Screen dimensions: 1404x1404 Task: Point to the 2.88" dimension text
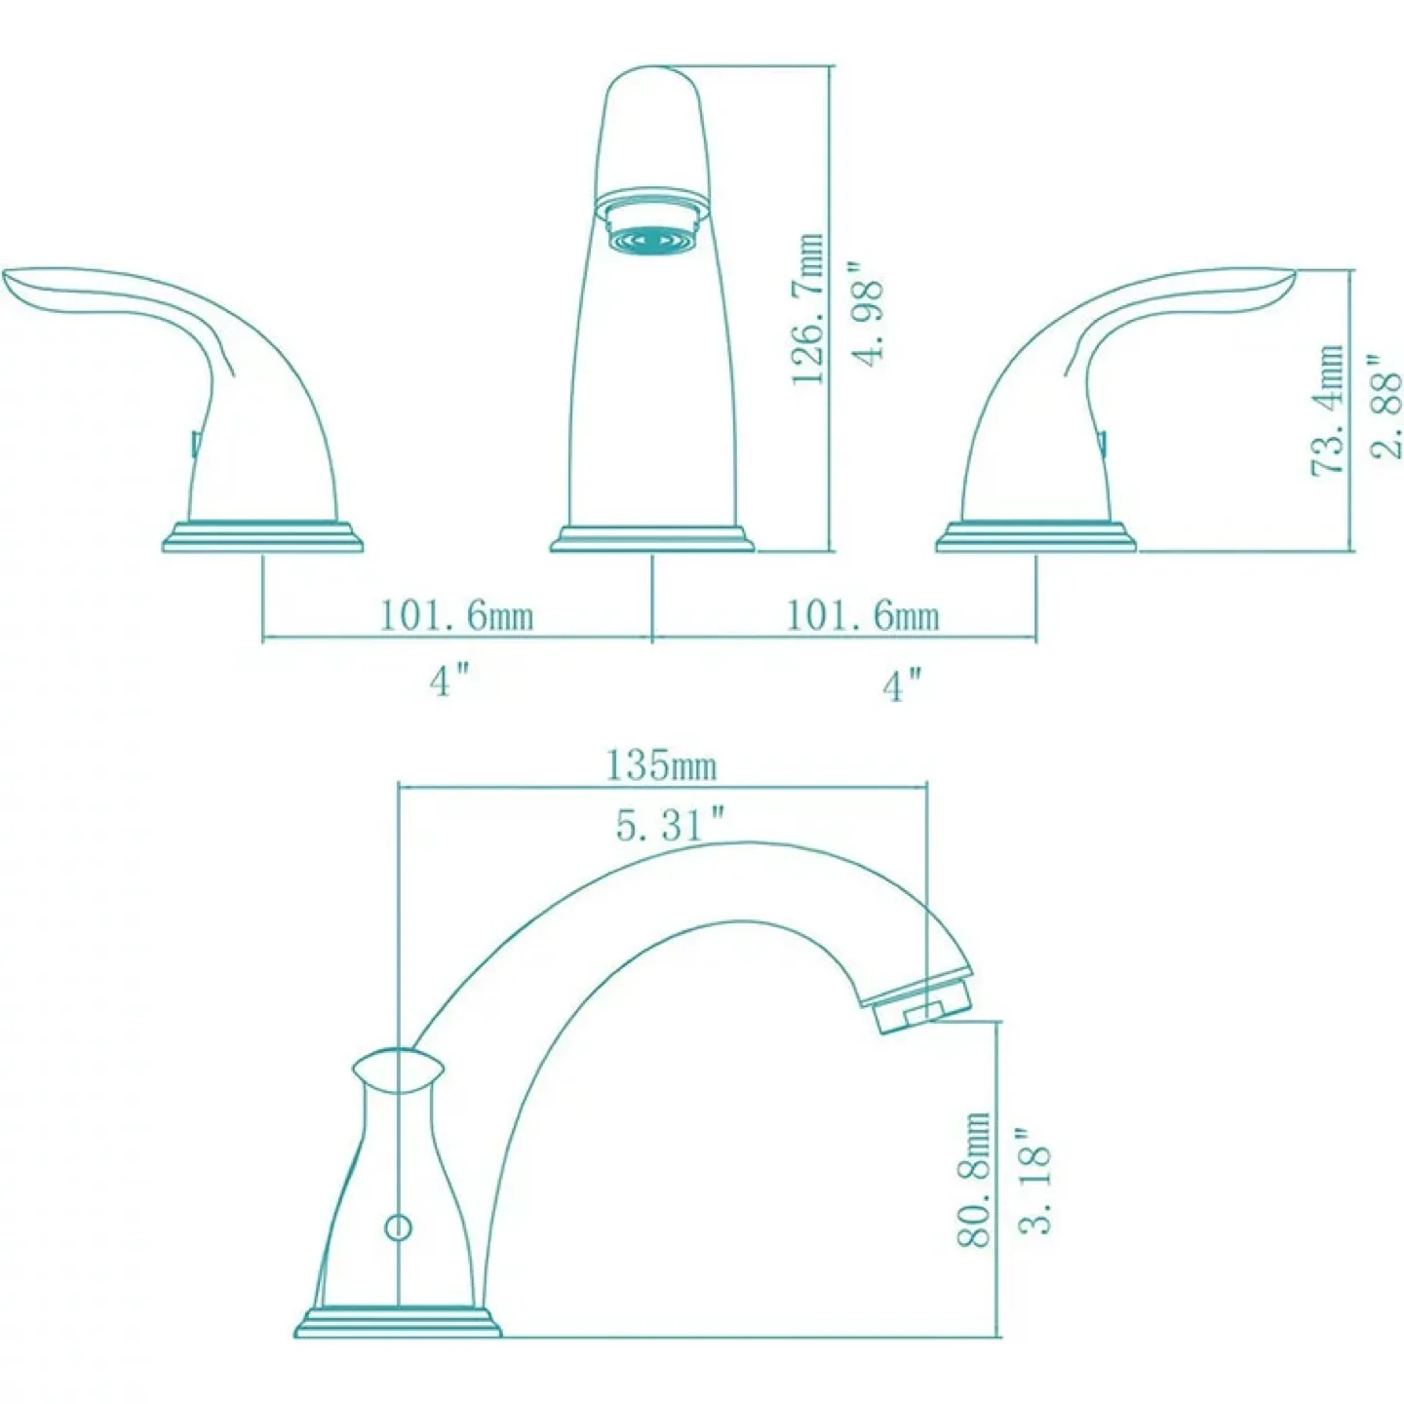tap(1385, 409)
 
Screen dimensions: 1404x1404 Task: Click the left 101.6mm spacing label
tap(456, 615)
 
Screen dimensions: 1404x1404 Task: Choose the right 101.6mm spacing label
tap(863, 615)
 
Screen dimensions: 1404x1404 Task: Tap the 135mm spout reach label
tap(661, 765)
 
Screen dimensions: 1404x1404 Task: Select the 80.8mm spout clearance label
tap(975, 1181)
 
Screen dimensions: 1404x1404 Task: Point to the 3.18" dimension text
tap(1035, 1181)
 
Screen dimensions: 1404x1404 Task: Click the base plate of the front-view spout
tap(651, 538)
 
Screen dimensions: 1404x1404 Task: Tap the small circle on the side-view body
tap(398, 1227)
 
